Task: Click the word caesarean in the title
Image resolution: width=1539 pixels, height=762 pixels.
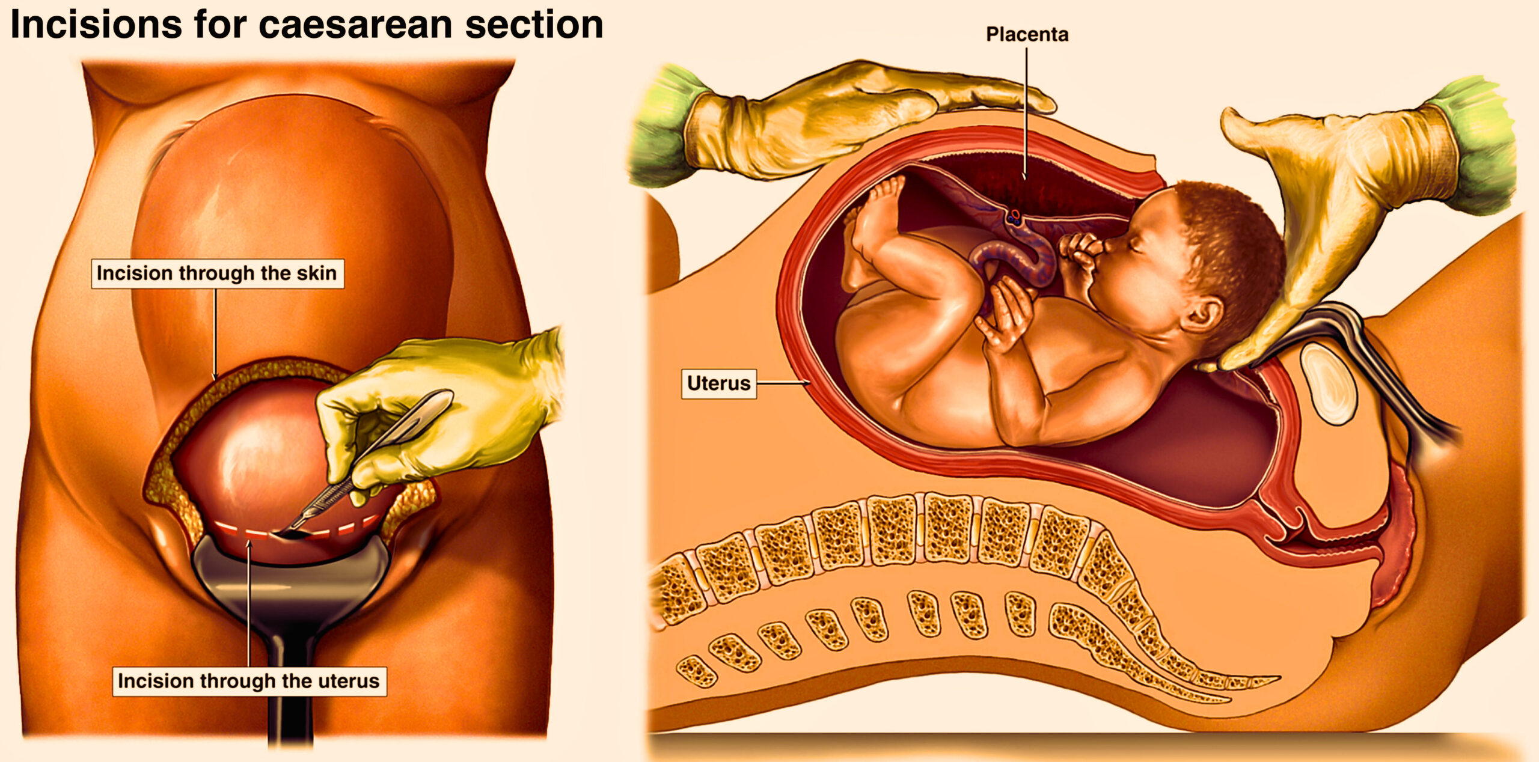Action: pos(356,25)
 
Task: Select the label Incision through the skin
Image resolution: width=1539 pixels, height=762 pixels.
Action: pos(217,273)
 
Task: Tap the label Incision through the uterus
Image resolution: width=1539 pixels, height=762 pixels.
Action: pos(249,681)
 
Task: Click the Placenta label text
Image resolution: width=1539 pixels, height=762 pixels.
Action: pos(1027,34)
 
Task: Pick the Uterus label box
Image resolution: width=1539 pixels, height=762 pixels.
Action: pos(718,383)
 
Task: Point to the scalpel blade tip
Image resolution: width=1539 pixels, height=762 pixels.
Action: pos(275,534)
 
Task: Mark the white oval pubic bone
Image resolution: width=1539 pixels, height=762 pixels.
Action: pos(1328,383)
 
